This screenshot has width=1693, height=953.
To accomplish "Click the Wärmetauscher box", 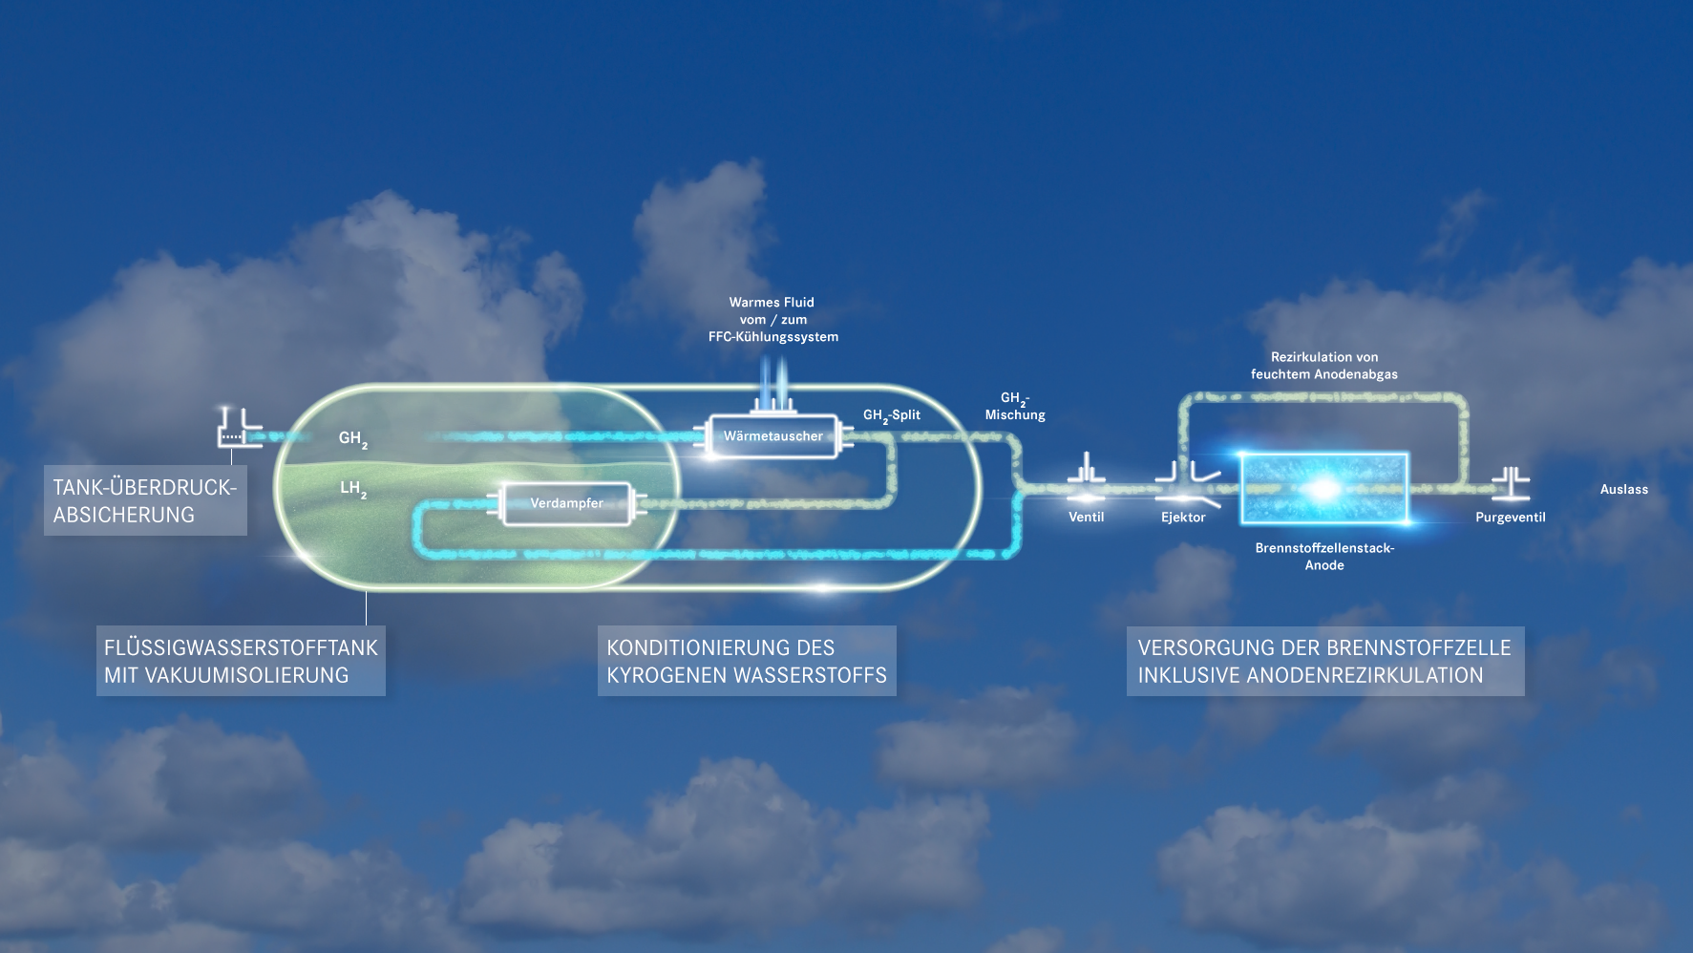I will (x=773, y=436).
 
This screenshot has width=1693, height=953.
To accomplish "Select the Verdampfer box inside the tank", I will (x=566, y=503).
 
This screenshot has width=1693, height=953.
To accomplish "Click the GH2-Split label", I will (x=892, y=415).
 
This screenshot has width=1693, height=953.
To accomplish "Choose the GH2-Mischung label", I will (x=1015, y=407).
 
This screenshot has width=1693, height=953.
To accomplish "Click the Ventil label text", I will (x=1086, y=518).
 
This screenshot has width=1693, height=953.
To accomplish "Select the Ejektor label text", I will (x=1183, y=518).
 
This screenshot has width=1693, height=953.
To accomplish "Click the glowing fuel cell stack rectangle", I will (x=1323, y=488).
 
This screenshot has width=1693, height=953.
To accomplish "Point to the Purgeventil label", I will (x=1510, y=518).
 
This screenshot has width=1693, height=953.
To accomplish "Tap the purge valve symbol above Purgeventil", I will (x=1511, y=482).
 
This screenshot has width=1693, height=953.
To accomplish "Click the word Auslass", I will (x=1623, y=490).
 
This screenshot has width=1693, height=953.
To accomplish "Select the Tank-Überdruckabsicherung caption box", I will (x=145, y=500).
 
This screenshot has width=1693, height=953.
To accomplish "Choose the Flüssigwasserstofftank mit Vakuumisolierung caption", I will (x=241, y=661).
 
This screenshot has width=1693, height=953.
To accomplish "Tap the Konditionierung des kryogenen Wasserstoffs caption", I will (x=747, y=661).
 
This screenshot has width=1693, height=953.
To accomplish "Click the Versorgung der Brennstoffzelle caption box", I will (x=1324, y=661).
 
